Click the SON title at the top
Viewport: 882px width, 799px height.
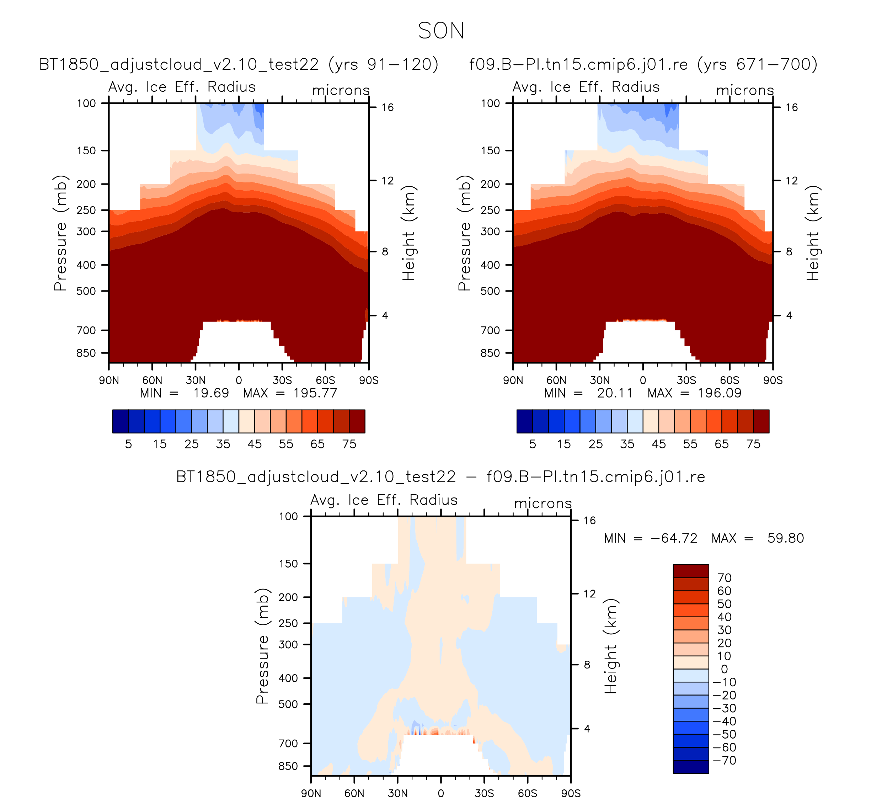pyautogui.click(x=440, y=31)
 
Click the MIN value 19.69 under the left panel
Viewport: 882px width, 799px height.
pyautogui.click(x=211, y=393)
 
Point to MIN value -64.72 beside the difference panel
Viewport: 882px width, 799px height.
pyautogui.click(x=674, y=538)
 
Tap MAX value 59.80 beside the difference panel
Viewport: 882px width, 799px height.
pyautogui.click(x=785, y=538)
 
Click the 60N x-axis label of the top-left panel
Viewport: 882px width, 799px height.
pyautogui.click(x=152, y=380)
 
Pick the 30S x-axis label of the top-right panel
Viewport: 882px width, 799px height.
pyautogui.click(x=686, y=380)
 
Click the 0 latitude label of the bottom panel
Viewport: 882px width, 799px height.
pyautogui.click(x=440, y=793)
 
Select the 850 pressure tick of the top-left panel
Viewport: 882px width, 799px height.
pyautogui.click(x=86, y=353)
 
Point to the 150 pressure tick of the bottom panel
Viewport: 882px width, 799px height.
pyautogui.click(x=288, y=564)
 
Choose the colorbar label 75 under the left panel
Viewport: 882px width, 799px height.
pyautogui.click(x=349, y=444)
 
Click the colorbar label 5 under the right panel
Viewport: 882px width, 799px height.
pyautogui.click(x=533, y=444)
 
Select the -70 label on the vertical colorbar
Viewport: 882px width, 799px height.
pyautogui.click(x=725, y=761)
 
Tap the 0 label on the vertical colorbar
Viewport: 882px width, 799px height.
pyautogui.click(x=725, y=669)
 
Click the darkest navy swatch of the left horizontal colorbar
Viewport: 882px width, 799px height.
pyautogui.click(x=120, y=421)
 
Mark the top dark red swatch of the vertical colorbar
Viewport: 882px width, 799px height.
pyautogui.click(x=690, y=571)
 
